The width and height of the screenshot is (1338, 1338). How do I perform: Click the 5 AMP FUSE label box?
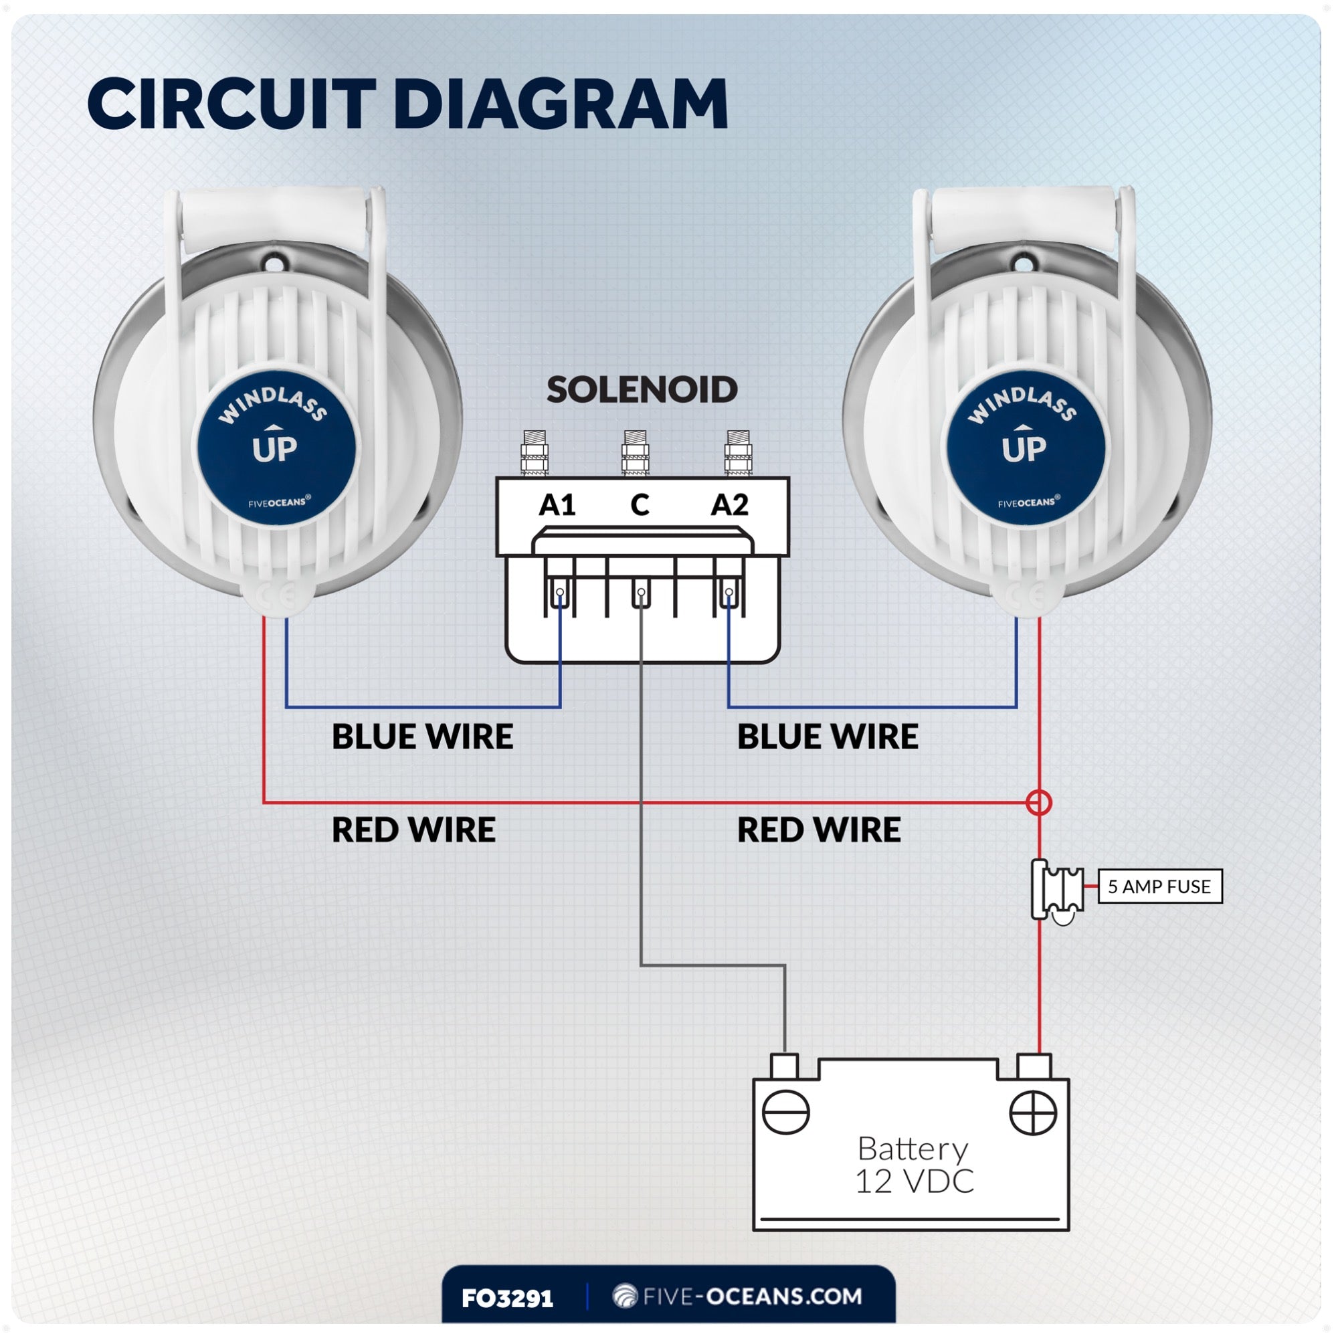pos(1160,886)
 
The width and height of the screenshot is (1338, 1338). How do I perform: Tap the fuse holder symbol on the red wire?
pos(1057,889)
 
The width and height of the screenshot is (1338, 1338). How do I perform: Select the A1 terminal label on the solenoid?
pos(557,506)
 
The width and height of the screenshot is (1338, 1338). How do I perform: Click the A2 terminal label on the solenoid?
pos(729,506)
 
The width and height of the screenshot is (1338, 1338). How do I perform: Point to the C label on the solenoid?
pos(640,506)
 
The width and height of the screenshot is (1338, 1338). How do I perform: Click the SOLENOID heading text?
pos(642,390)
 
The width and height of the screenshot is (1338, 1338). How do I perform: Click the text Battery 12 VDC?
pos(913,1165)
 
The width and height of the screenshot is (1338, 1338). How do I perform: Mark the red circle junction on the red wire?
pos(1039,803)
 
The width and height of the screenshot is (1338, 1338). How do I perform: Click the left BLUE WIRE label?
pos(421,736)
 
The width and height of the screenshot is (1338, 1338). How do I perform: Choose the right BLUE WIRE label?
pos(827,736)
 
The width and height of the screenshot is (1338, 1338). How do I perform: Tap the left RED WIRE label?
pos(413,830)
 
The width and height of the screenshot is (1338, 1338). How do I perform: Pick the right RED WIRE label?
pos(819,830)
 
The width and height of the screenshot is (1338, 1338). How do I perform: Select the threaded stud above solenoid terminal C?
pos(635,452)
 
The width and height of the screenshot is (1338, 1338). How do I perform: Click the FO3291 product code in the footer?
pos(508,1298)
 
